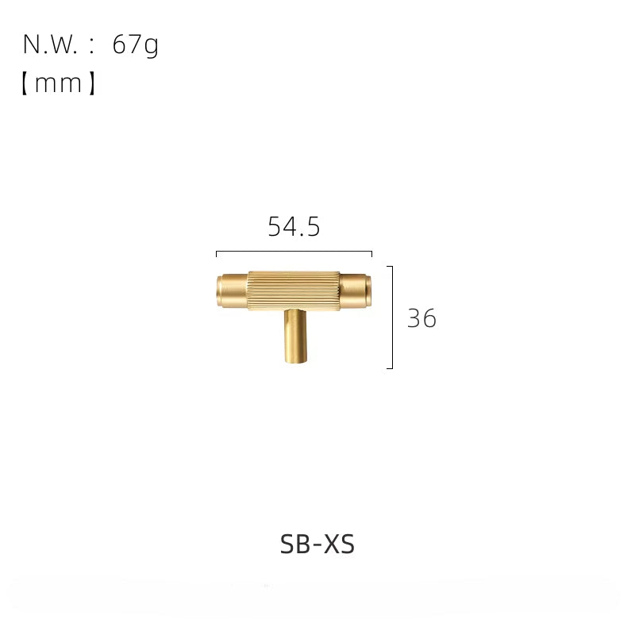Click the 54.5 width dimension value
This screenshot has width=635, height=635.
click(294, 226)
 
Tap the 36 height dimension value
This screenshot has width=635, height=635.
click(421, 318)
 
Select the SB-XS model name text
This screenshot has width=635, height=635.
click(317, 544)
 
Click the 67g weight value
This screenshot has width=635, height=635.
click(135, 45)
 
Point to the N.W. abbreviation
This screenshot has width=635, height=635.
click(50, 44)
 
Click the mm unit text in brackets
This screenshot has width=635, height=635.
click(58, 83)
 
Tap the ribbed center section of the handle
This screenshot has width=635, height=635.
click(294, 291)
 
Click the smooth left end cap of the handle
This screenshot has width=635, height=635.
click(232, 291)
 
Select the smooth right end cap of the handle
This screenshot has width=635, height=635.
click(355, 291)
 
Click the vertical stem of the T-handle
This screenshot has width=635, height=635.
click(295, 336)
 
